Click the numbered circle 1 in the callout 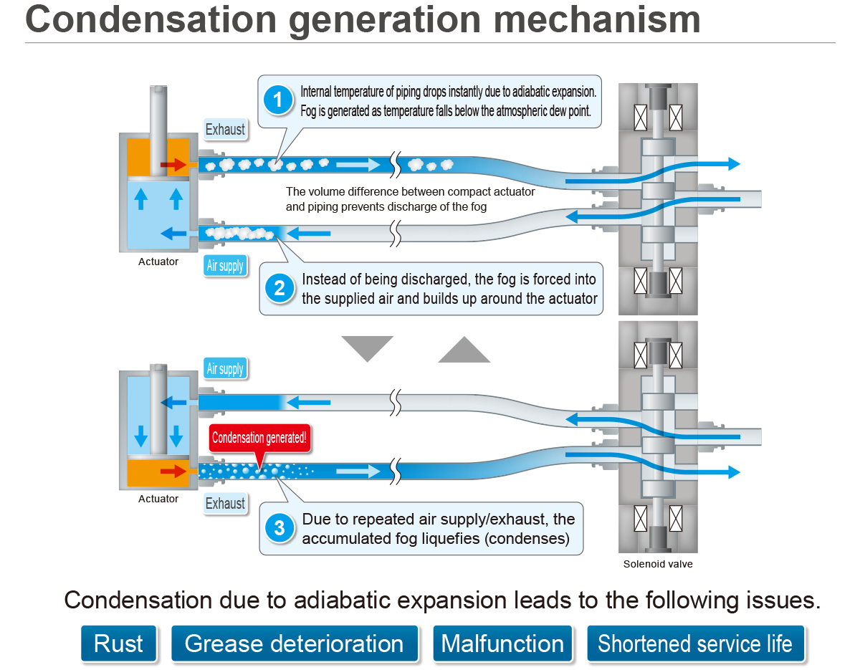[278, 100]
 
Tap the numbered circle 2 [279, 288]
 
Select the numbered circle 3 [279, 527]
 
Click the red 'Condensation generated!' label [259, 438]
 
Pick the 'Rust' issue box [118, 643]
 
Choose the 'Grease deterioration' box [294, 643]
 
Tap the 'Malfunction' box [502, 643]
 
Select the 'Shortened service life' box [695, 643]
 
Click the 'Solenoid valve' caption [657, 564]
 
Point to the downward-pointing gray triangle [367, 346]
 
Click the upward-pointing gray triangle [464, 351]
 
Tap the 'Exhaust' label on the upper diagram [225, 130]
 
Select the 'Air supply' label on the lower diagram [225, 368]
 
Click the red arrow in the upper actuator [173, 164]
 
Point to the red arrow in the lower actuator [173, 471]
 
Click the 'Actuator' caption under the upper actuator [158, 262]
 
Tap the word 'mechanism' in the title [597, 20]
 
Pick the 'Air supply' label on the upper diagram [225, 266]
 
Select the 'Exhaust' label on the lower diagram [225, 503]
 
